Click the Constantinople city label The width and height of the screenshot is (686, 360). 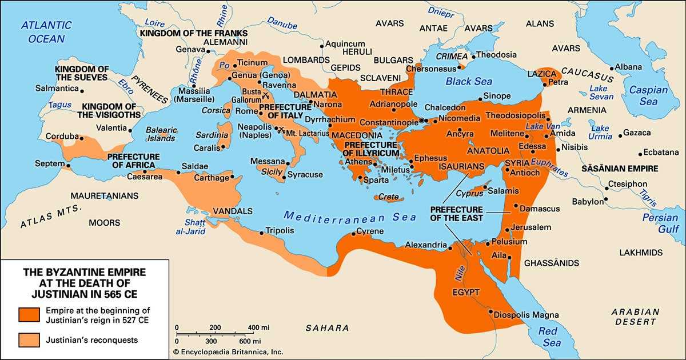pos(389,123)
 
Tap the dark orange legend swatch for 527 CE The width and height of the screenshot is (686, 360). pos(29,314)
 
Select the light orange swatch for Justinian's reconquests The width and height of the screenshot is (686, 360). pos(29,340)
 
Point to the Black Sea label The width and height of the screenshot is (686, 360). pos(469,82)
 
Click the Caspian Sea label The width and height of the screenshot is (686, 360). pos(648,95)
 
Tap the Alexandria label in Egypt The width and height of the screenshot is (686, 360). pos(425,245)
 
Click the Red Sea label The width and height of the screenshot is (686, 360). pos(552,337)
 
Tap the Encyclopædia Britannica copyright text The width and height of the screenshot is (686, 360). pos(228,352)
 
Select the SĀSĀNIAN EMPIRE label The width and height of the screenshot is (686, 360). pos(619,169)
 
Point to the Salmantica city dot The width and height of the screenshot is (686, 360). pos(82,90)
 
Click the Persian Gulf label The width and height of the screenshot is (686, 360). pos(660,223)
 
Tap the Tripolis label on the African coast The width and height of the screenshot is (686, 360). pos(280,231)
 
